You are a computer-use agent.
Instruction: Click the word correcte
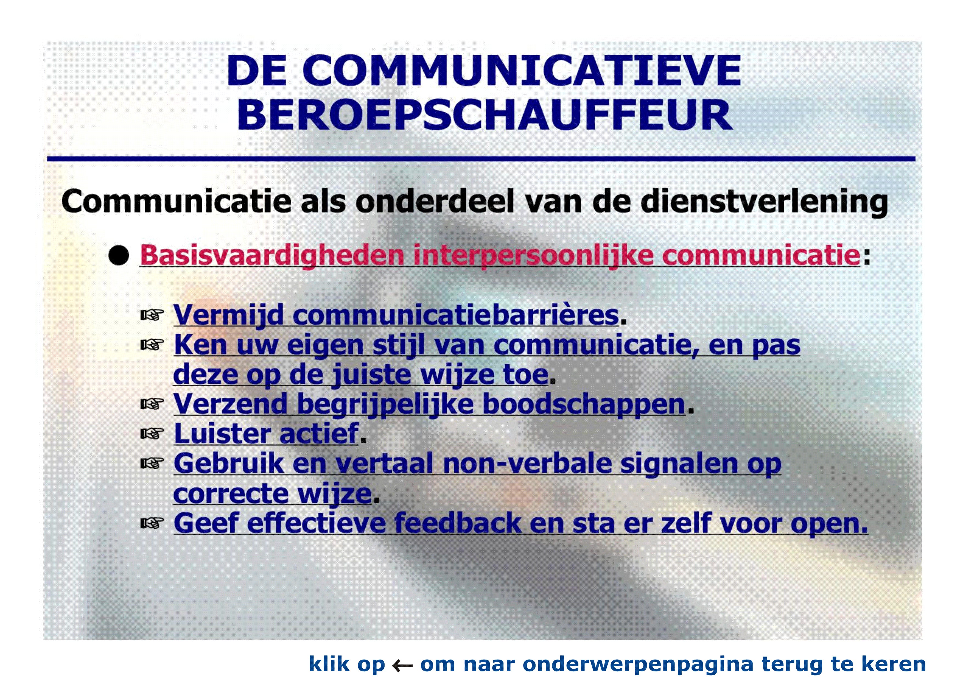230,494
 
